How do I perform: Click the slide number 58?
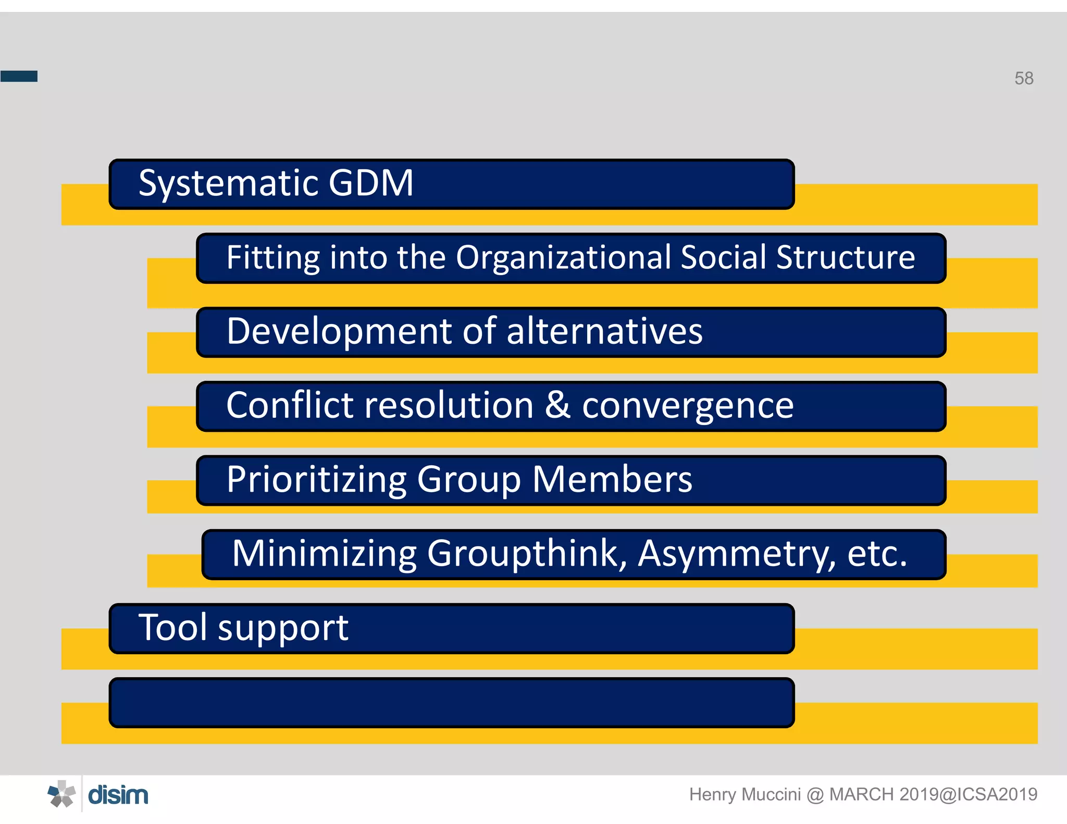tap(1023, 78)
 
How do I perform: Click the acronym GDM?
tap(371, 183)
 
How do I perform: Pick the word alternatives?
tap(604, 332)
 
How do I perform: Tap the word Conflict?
tap(290, 406)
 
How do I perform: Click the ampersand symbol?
tap(557, 406)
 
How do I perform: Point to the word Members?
tap(612, 480)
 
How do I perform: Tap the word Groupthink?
tap(526, 554)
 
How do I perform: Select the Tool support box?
tap(451, 628)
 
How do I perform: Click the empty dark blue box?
tap(451, 703)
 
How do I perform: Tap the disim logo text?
tap(118, 795)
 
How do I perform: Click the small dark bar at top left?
tap(19, 76)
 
